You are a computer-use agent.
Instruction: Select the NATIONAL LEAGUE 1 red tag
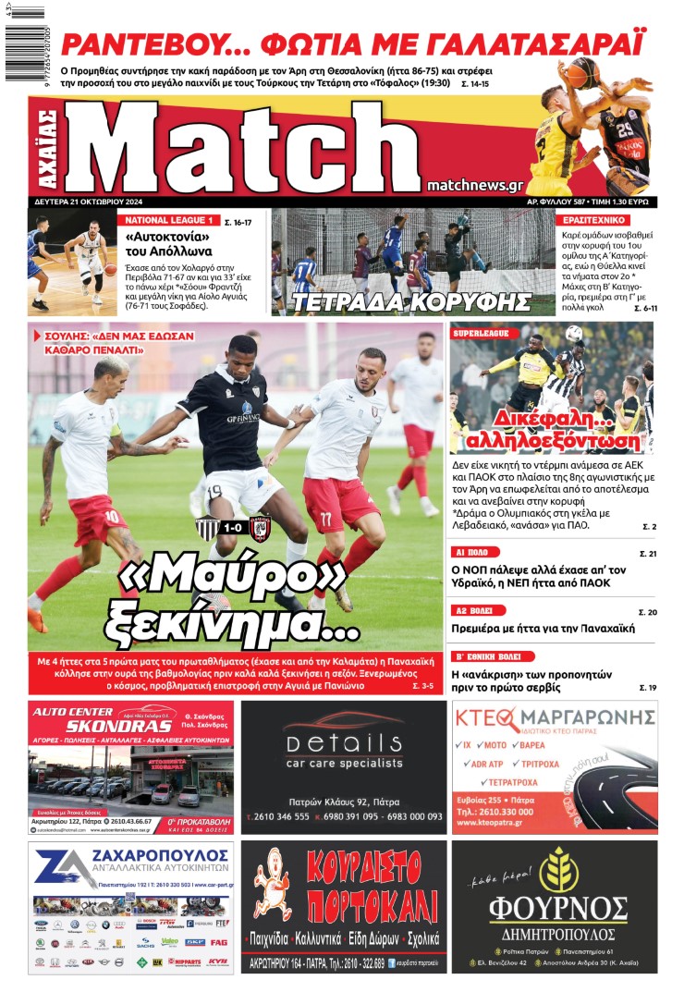coord(169,221)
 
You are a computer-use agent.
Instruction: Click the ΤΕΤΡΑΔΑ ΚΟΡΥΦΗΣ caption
coord(412,302)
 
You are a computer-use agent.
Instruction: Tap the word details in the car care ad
coord(343,744)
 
